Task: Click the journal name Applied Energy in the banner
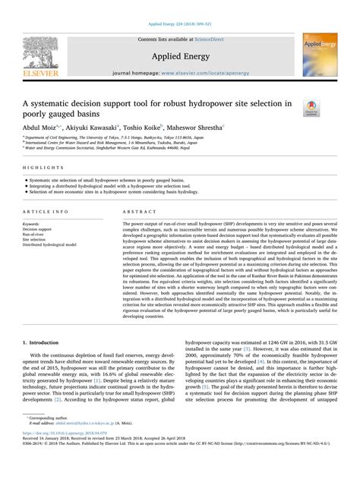click(x=179, y=55)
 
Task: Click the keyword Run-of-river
click(x=35, y=235)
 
